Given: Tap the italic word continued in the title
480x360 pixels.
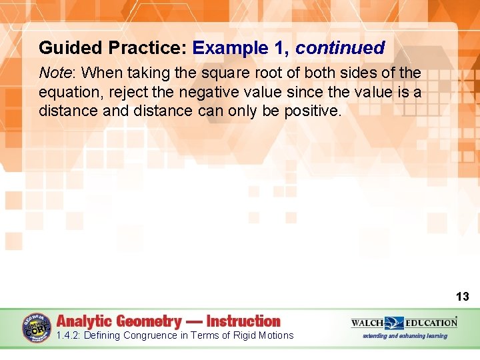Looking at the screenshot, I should click(340, 48).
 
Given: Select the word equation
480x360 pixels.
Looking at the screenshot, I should click(68, 91).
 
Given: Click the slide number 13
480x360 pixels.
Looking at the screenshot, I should click(462, 297).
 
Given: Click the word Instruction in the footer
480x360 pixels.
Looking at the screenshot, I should click(243, 321).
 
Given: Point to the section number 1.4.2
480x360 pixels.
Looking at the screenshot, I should click(69, 335).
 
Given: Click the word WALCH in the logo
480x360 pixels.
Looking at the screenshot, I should click(367, 323).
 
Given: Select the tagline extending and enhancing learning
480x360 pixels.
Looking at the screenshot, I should click(405, 336).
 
